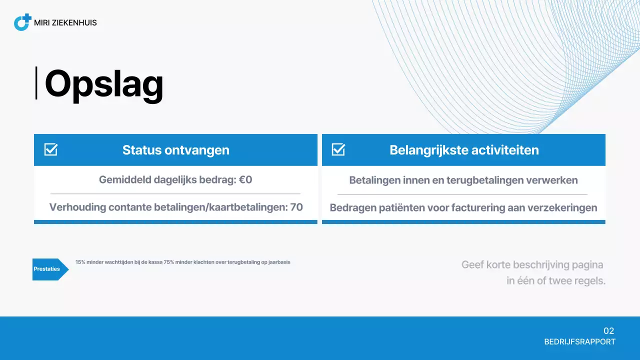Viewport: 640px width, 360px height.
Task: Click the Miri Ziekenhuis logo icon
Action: [x=22, y=22]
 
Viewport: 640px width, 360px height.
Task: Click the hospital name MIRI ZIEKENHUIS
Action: [x=65, y=22]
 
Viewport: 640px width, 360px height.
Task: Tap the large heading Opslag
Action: [x=104, y=84]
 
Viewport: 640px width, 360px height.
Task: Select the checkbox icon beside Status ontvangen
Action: [x=51, y=149]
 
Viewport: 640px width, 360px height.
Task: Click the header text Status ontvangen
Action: [x=175, y=150]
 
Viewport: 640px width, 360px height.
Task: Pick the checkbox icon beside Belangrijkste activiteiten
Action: [x=338, y=149]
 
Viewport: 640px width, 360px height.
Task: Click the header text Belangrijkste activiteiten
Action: [x=464, y=150]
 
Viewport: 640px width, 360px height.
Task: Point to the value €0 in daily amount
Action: [x=245, y=179]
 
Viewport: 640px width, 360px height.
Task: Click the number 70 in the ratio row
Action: [x=296, y=207]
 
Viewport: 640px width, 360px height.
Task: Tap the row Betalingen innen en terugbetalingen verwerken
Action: [x=463, y=180]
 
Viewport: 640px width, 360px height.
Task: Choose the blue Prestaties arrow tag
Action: [x=49, y=269]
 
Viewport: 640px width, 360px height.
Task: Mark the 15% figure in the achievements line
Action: [x=80, y=262]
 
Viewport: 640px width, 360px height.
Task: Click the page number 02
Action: [x=608, y=331]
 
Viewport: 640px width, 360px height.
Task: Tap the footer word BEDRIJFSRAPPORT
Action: [x=579, y=342]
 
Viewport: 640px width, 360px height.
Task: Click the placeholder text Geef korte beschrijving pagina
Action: [x=532, y=264]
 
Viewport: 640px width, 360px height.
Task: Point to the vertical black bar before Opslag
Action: [x=36, y=83]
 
